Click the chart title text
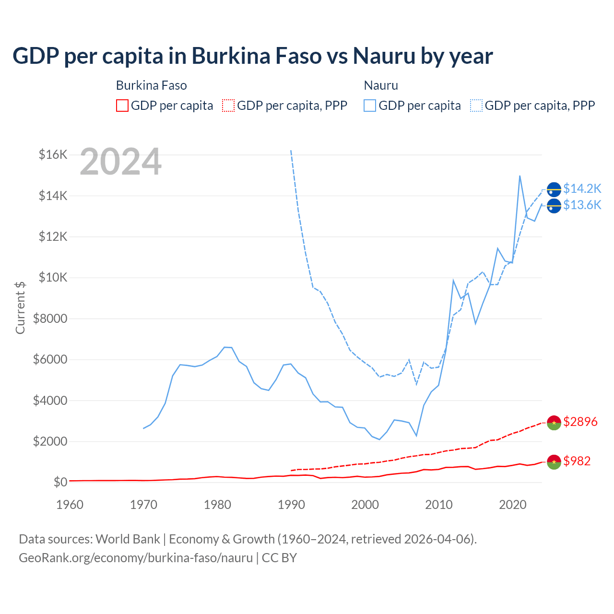pos(252,56)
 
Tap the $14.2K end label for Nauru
pos(582,189)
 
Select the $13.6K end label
pos(582,205)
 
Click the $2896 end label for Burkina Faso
pos(580,422)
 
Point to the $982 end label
pos(577,461)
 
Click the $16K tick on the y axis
pos(53,155)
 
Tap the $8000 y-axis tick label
pos(50,319)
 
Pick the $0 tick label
pos(60,483)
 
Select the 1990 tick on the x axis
pos(291,505)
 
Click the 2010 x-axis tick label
pos(439,505)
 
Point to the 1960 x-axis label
pos(70,505)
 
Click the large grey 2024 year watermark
pos(120,162)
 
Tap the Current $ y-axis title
pos(20,307)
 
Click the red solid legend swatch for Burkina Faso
pos(122,106)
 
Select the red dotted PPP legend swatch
pos(228,106)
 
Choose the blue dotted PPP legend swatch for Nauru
pos(476,106)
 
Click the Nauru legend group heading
pos(381,85)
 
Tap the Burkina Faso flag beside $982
pos(554,462)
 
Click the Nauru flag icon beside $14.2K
pos(554,190)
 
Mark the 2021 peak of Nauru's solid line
pos(520,176)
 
